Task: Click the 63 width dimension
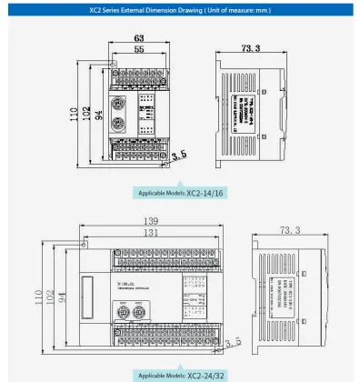point(139,39)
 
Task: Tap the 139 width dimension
point(151,222)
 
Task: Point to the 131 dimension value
point(151,233)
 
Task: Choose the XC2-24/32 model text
point(205,374)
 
